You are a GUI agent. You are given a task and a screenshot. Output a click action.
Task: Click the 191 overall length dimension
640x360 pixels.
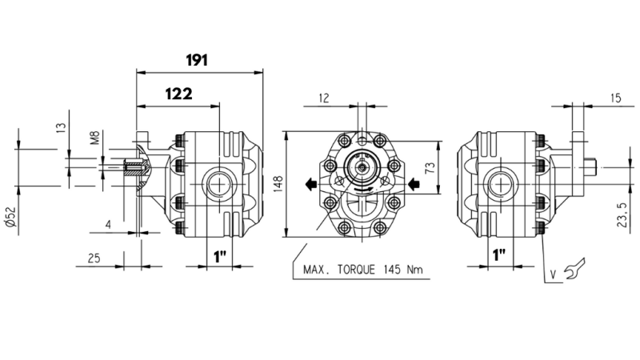point(197,60)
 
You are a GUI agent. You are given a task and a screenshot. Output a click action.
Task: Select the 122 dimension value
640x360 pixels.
point(178,94)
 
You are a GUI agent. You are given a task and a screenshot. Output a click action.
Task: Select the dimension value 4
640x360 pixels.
point(108,225)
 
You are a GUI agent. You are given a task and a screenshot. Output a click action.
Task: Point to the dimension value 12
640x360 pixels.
point(324,98)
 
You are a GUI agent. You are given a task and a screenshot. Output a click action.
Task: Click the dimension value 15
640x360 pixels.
point(614,98)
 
